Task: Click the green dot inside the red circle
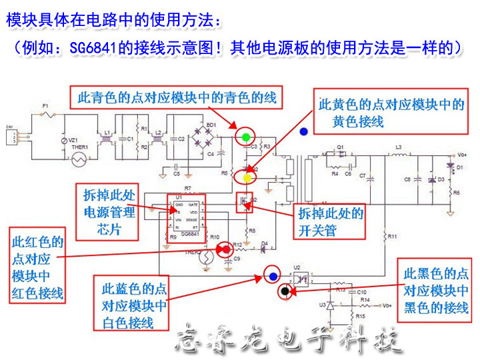(245, 137)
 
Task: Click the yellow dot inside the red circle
(247, 178)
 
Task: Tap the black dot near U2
(285, 291)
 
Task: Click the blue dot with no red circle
(304, 132)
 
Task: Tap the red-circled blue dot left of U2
(272, 274)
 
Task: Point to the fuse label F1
(45, 107)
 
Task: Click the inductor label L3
(399, 147)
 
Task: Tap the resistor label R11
(392, 237)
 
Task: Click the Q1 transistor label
(340, 147)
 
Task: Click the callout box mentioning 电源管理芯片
(109, 212)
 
